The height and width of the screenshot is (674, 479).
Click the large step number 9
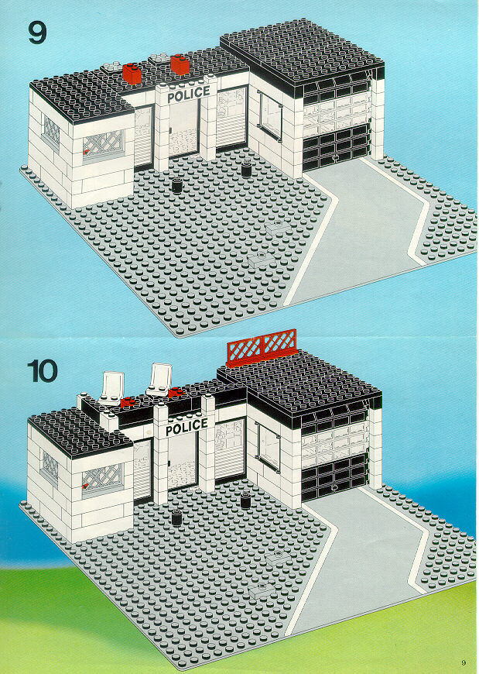[x=37, y=32]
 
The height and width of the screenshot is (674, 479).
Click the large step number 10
[x=42, y=371]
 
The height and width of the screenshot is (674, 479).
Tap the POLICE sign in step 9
[x=188, y=95]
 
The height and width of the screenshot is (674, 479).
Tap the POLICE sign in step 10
[x=186, y=427]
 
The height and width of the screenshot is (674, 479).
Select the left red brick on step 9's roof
[x=132, y=74]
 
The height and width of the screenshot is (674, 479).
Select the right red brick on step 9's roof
[x=180, y=64]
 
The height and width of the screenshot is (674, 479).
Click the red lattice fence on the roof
[x=262, y=347]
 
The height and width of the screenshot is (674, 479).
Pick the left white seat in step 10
[x=111, y=388]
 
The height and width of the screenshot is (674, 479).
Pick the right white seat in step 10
[x=159, y=380]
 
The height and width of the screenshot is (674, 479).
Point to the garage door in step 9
[x=336, y=123]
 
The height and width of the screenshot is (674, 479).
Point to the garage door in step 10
[x=335, y=454]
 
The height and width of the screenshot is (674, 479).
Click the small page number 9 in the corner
[x=463, y=662]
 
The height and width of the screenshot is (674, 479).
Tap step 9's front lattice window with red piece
[x=103, y=144]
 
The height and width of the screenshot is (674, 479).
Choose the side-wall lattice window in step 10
[x=50, y=467]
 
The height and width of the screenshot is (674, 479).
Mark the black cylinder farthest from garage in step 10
[x=176, y=518]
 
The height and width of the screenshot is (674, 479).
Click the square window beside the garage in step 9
[x=270, y=115]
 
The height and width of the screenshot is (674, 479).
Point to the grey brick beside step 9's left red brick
[x=112, y=67]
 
